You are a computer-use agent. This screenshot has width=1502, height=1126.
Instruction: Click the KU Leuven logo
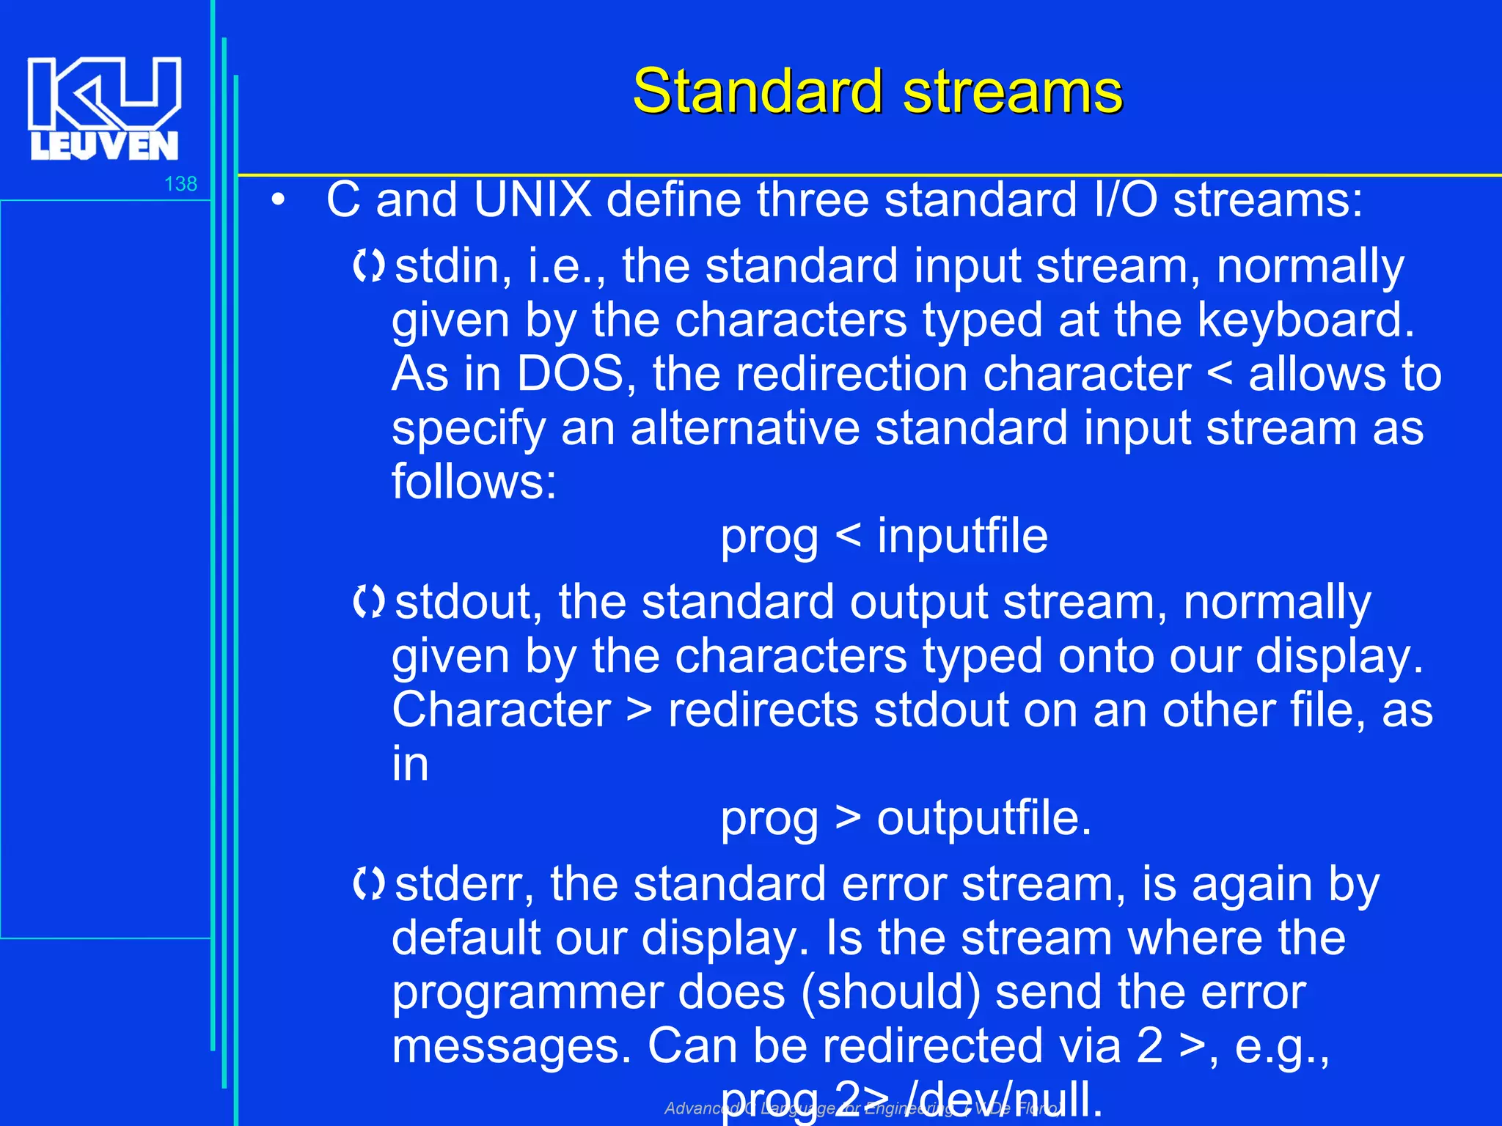point(104,108)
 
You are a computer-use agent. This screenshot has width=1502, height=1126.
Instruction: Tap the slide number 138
point(180,183)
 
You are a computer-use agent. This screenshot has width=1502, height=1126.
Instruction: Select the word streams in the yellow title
point(1012,92)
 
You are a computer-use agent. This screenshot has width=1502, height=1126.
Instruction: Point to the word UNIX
point(532,199)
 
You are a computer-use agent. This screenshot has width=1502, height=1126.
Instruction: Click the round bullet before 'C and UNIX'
point(277,199)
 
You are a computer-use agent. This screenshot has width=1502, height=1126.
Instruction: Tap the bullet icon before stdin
point(368,265)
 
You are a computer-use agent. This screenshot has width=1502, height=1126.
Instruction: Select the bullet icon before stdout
point(368,602)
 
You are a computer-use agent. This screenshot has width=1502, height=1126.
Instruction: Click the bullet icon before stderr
point(368,884)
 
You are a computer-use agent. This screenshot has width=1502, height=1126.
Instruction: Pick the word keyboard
point(1305,320)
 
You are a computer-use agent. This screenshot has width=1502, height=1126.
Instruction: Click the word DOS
point(570,374)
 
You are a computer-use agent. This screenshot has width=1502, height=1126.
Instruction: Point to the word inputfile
point(962,536)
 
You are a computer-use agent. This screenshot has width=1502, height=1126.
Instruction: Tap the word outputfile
point(983,818)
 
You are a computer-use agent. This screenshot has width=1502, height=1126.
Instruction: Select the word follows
point(474,482)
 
